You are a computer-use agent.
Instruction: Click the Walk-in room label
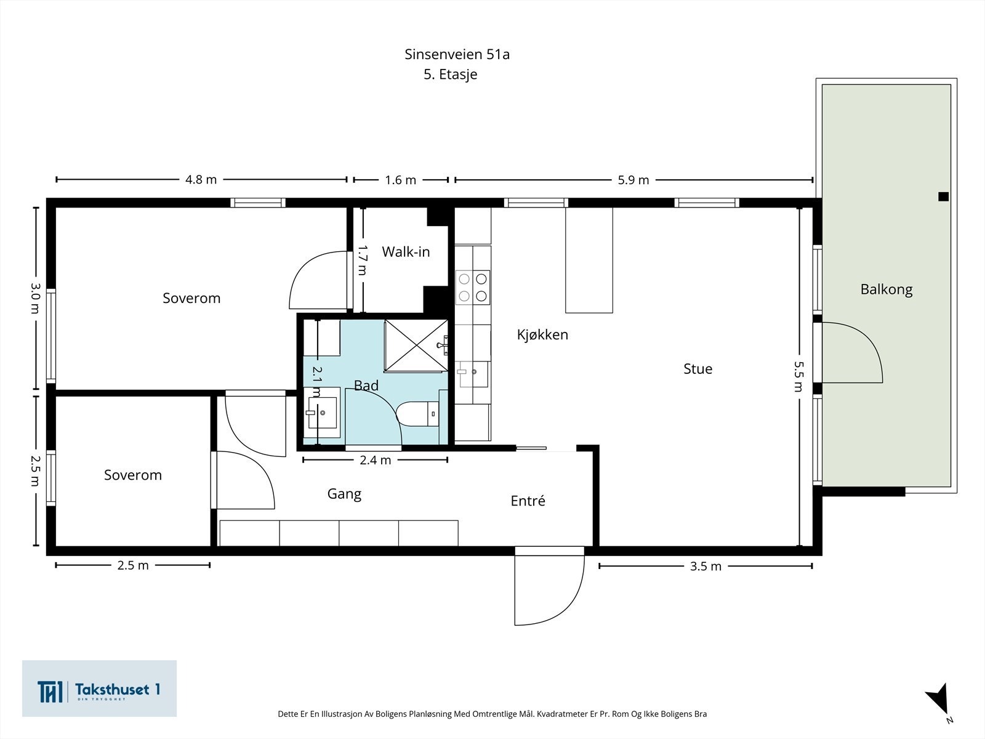point(406,252)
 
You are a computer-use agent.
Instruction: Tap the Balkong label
point(886,289)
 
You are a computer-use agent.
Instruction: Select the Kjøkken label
point(542,334)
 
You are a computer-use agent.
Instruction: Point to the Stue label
point(698,369)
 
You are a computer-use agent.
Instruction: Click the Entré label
point(528,500)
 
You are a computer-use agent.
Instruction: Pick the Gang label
point(344,494)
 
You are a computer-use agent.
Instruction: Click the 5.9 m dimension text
point(633,180)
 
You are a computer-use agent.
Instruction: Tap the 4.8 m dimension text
point(201,179)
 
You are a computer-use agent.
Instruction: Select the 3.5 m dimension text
point(706,566)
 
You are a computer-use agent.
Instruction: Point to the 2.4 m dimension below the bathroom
point(375,460)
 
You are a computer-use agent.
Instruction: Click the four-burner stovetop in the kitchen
point(473,288)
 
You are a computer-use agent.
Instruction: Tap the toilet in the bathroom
point(418,414)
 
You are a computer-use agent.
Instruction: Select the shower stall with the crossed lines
point(416,346)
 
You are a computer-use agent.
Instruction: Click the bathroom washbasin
point(321,412)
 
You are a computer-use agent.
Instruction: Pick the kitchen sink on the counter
point(472,374)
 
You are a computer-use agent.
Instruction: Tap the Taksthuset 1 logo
point(99,689)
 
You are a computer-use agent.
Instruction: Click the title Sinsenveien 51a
point(457,54)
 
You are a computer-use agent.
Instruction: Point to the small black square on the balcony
point(943,196)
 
